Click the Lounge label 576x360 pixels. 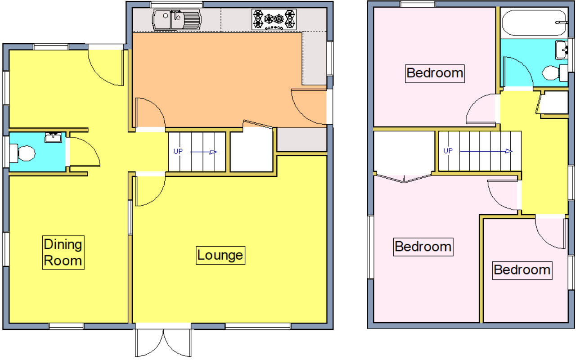220,255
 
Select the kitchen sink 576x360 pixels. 176,20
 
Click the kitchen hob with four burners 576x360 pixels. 274,19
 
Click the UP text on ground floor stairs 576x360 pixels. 178,151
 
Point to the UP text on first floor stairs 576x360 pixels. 448,151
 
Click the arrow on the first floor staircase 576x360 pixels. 486,151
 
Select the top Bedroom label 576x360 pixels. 434,72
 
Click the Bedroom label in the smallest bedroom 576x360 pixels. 522,270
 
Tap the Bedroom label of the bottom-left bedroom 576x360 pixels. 423,247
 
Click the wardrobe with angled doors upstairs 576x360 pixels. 404,155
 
